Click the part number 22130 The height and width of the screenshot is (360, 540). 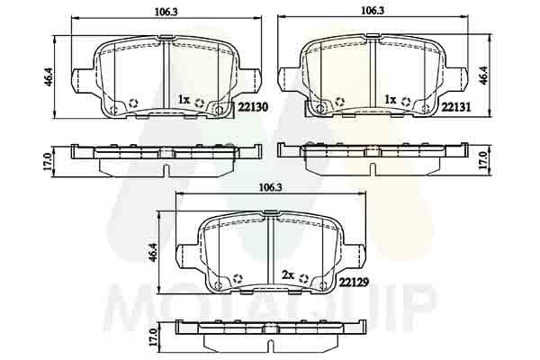(x=253, y=107)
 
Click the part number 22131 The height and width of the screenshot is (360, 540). (x=455, y=107)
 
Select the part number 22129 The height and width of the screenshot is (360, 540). (x=354, y=283)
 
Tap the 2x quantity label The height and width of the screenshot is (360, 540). (x=288, y=275)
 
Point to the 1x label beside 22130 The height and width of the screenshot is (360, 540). (x=184, y=100)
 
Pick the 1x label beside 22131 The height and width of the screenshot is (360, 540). (x=391, y=100)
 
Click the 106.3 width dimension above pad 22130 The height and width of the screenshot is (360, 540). (x=166, y=12)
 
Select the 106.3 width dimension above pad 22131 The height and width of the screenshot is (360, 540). (x=373, y=11)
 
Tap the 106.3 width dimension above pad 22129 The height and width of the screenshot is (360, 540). (x=270, y=188)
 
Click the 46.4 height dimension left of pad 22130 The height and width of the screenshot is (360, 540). (x=49, y=76)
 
